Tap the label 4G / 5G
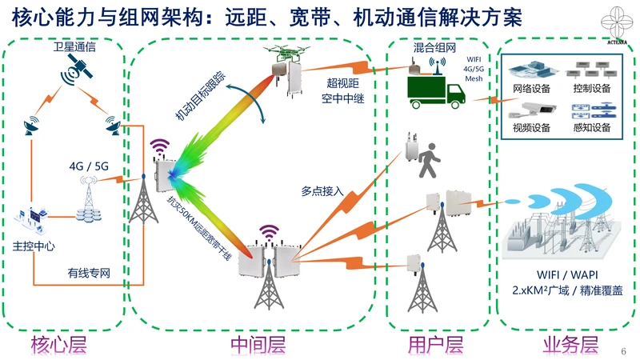89,166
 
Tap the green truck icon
436,91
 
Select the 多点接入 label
322,191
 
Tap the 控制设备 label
592,87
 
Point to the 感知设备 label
592,128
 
